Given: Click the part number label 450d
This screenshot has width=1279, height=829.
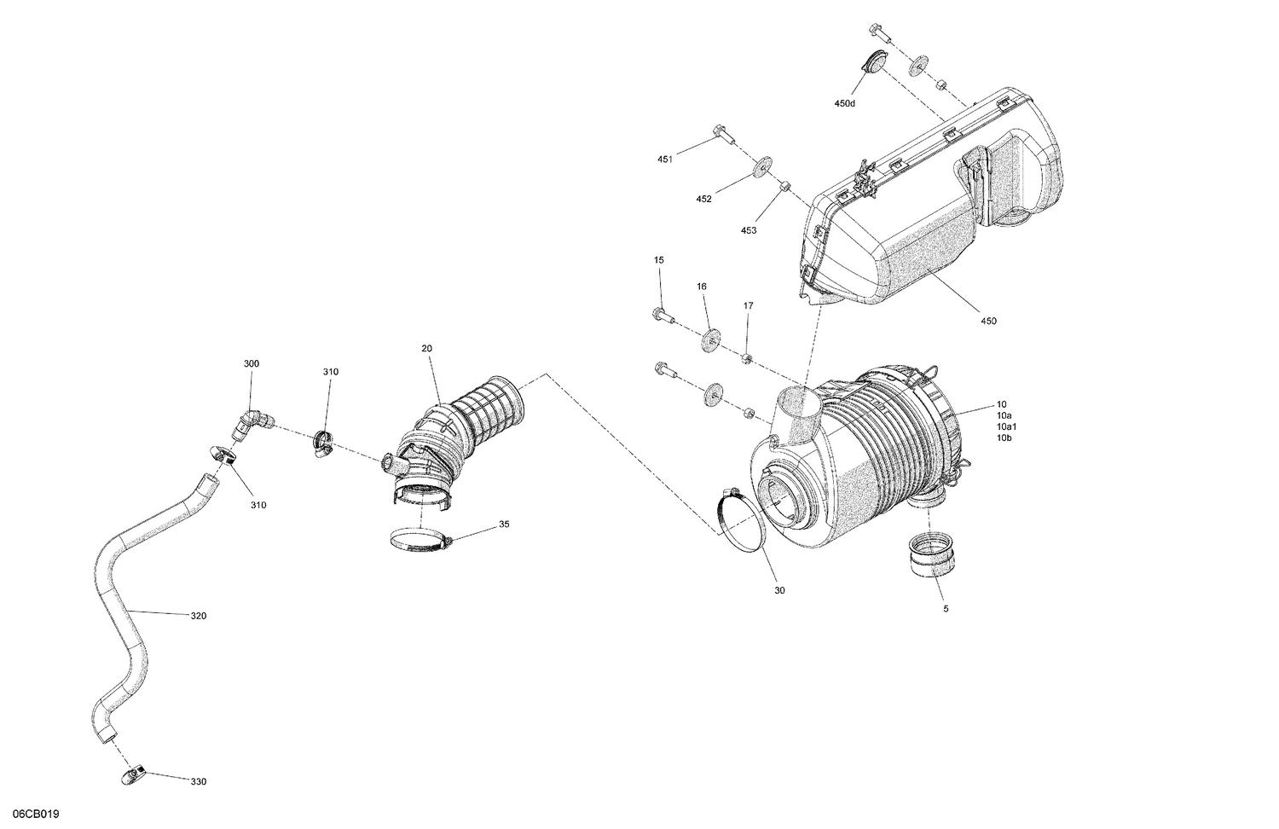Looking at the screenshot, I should click(844, 103).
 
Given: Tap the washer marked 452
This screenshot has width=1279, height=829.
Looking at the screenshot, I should click(760, 168).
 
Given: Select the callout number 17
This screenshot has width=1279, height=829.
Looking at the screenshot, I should click(748, 305).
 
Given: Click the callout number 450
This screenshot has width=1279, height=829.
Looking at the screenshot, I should click(988, 322).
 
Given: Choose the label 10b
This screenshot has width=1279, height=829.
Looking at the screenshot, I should click(1004, 438).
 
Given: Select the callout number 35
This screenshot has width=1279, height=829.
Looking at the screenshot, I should click(504, 525).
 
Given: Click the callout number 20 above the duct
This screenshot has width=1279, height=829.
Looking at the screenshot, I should click(426, 348).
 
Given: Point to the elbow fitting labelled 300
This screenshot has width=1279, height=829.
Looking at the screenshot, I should click(252, 422).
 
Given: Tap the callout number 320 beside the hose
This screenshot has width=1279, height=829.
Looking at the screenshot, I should click(198, 616).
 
